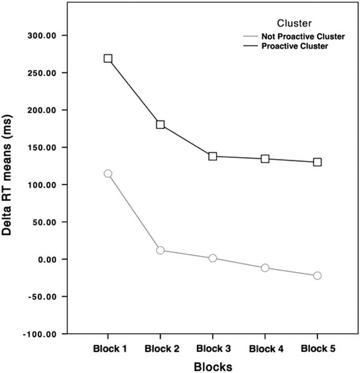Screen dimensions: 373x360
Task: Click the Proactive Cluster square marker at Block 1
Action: [108, 58]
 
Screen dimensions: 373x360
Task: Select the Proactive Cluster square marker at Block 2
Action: [160, 124]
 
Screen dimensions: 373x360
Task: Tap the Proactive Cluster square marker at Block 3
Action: [213, 156]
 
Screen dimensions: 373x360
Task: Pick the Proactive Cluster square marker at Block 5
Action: [317, 162]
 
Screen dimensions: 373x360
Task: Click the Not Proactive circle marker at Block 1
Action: [108, 174]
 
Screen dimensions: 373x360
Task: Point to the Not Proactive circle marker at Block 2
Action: [160, 250]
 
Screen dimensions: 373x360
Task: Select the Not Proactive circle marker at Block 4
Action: [265, 268]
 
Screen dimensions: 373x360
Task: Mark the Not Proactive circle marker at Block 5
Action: [317, 276]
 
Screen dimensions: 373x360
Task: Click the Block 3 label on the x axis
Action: [213, 349]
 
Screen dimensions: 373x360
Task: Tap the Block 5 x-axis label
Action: [317, 349]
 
